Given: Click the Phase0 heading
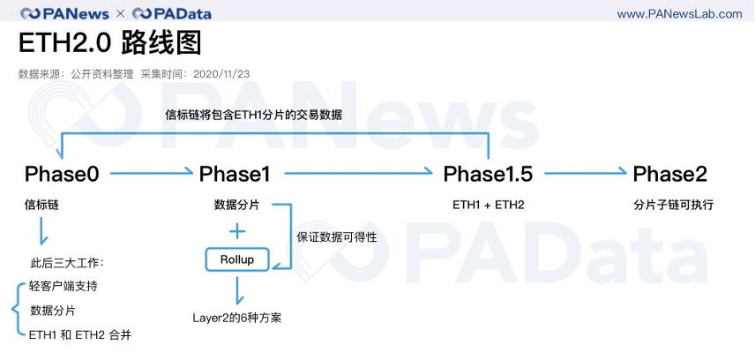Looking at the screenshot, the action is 62,174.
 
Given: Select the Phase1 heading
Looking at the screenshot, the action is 235,174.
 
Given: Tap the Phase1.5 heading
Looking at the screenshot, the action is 488,174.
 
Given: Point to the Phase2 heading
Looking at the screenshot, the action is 669,174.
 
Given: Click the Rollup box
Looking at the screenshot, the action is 237,259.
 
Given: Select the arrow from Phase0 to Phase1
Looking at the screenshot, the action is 152,172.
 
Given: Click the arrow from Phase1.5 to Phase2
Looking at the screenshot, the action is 586,171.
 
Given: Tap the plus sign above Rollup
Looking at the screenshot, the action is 237,232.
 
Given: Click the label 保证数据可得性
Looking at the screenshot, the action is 337,237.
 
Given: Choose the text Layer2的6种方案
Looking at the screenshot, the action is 237,318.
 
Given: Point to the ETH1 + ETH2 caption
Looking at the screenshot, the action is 489,205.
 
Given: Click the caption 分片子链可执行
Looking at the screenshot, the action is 673,205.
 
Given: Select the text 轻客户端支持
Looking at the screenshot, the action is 64,286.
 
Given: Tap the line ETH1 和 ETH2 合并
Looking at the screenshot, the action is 80,335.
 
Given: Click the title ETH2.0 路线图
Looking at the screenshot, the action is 109,43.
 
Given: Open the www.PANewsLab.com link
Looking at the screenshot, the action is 679,14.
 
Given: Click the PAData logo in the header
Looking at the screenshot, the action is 171,13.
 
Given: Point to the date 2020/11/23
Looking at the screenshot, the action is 221,74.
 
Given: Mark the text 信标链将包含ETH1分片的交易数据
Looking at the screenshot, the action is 254,116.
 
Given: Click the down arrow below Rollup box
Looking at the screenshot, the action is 237,290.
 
